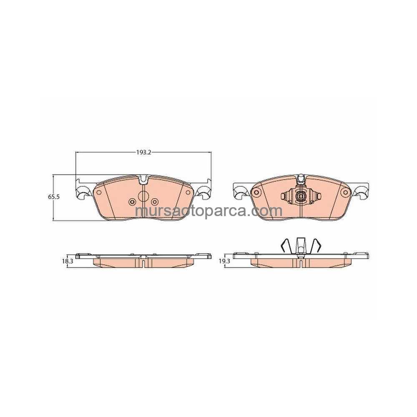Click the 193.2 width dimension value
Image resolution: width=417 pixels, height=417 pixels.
pyautogui.click(x=143, y=153)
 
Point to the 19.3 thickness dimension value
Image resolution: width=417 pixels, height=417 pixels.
pyautogui.click(x=224, y=261)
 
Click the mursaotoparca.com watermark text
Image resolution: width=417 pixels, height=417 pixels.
pyautogui.click(x=208, y=211)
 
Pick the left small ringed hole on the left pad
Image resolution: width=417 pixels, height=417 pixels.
pyautogui.click(x=131, y=202)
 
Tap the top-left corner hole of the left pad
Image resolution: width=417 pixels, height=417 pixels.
pyautogui.click(x=99, y=192)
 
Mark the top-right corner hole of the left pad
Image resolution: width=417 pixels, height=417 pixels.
pyautogui.click(x=188, y=192)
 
